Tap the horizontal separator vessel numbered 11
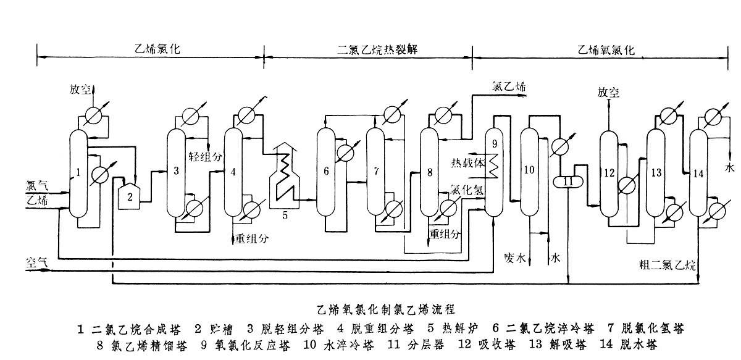[569, 182]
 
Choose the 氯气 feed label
[35, 185]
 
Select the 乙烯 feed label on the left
[35, 199]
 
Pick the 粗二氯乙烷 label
[668, 266]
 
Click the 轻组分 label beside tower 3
[204, 156]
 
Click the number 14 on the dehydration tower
[698, 174]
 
